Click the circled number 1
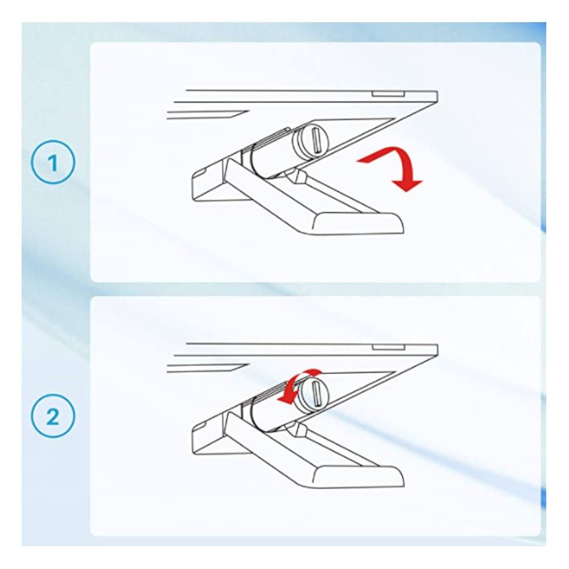click(53, 162)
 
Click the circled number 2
click(53, 416)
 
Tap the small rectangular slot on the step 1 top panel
click(388, 94)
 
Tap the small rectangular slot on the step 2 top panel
click(388, 348)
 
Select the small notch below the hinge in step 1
click(296, 175)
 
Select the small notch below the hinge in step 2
click(296, 429)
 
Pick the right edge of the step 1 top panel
click(437, 97)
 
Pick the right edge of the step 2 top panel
click(437, 351)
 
